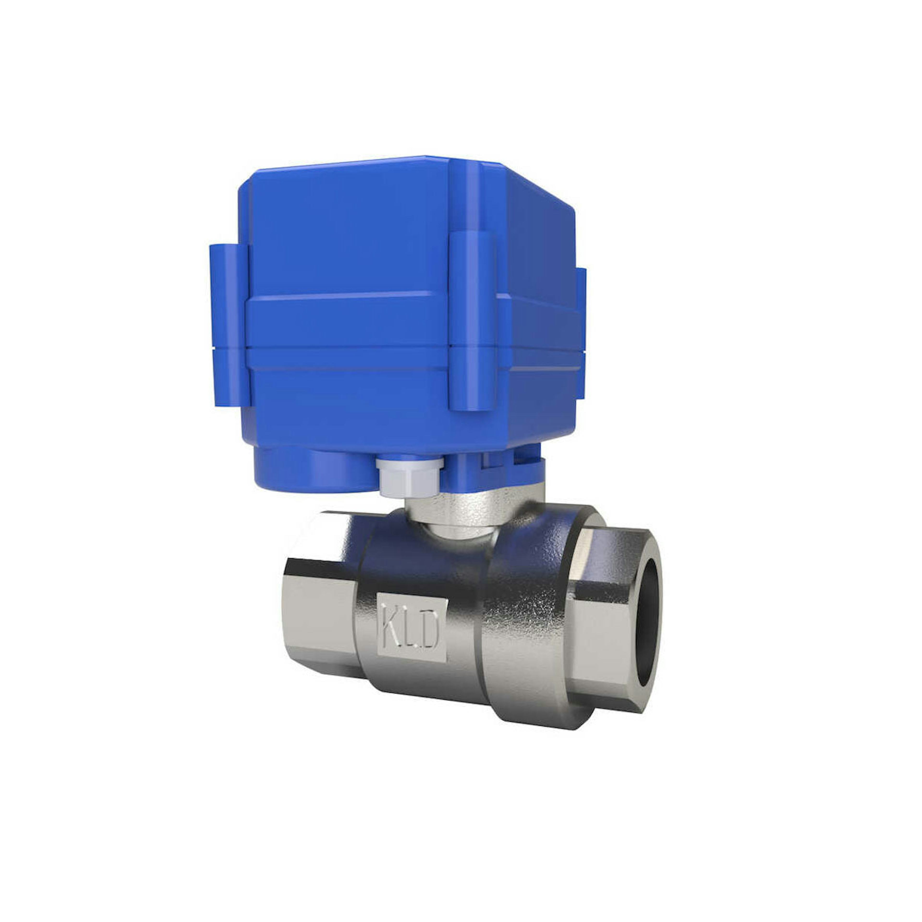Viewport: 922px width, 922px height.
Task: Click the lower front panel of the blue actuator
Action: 348,401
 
